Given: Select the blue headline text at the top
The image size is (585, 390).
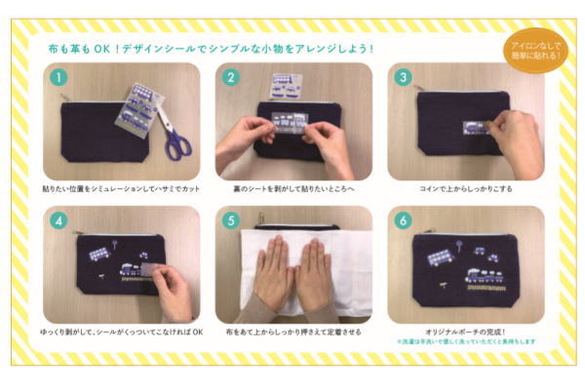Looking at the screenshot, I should pos(211,48).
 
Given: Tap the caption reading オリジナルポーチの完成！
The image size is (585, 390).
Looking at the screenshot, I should pos(465,331).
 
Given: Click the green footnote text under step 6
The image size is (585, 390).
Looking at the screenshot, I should pos(465,342).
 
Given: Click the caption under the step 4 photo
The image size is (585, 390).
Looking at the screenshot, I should pos(120,331).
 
